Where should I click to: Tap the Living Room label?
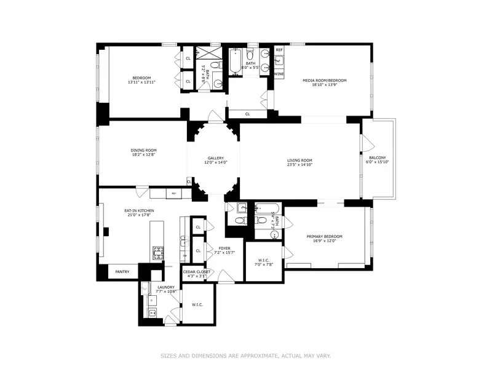point(300,161)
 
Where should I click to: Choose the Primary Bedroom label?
point(325,236)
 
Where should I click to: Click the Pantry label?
point(122,271)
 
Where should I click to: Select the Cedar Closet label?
point(196,271)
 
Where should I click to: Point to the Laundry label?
point(165,287)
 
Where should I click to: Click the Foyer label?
point(224,248)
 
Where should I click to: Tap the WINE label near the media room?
point(279,74)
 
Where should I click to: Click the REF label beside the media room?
point(279,50)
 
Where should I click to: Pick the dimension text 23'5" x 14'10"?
point(300,165)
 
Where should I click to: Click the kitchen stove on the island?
point(158,252)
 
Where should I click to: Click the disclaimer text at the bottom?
point(246,355)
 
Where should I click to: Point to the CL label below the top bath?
point(247,114)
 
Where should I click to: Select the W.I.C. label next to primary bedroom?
point(263,260)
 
